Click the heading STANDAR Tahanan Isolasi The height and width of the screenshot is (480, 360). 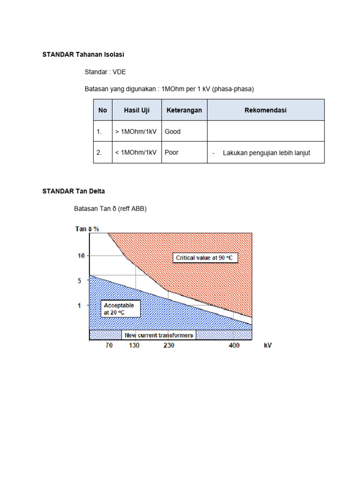coord(83,55)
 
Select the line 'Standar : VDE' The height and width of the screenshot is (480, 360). coord(105,72)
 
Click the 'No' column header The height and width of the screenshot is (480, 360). coord(103,110)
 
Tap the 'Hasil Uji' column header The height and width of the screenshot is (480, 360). coord(136,110)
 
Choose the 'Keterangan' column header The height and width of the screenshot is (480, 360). coord(184,110)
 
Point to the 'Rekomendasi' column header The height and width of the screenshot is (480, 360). coord(265,110)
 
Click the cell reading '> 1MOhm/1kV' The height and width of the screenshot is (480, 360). coord(136,132)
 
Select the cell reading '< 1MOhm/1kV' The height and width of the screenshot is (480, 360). coord(136,152)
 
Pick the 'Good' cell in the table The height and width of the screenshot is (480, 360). coord(172,132)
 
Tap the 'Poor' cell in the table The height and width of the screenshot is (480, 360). coord(172,152)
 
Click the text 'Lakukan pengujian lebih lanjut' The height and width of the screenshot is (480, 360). coord(266,153)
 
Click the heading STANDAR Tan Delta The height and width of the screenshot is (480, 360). coord(74,191)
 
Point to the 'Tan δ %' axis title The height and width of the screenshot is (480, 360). coord(87,229)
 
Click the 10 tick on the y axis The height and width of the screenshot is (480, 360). coord(81,256)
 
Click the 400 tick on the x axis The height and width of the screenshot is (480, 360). coord(234,345)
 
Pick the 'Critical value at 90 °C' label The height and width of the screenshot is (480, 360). coord(207,258)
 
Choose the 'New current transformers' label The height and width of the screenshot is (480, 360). coord(159,336)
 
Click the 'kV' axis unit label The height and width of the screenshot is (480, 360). coord(268,345)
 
